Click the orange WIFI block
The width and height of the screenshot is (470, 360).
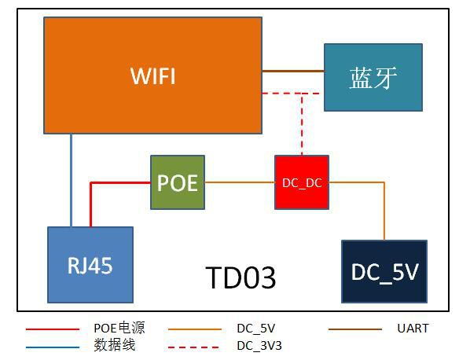click(152, 75)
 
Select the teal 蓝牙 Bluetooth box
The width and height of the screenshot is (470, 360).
click(373, 77)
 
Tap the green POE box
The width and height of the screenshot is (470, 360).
click(178, 182)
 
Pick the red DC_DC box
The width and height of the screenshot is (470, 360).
click(302, 182)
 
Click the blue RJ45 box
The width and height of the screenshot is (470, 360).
click(90, 265)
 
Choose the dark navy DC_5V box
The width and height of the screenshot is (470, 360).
click(384, 271)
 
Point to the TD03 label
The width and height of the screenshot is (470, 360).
click(241, 277)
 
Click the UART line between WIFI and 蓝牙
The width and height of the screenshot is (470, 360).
click(292, 72)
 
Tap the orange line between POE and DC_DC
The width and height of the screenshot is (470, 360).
click(239, 182)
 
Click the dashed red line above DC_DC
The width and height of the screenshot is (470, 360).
click(301, 126)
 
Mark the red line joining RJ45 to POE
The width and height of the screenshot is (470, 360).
click(118, 182)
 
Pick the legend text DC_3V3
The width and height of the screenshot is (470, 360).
click(256, 344)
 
